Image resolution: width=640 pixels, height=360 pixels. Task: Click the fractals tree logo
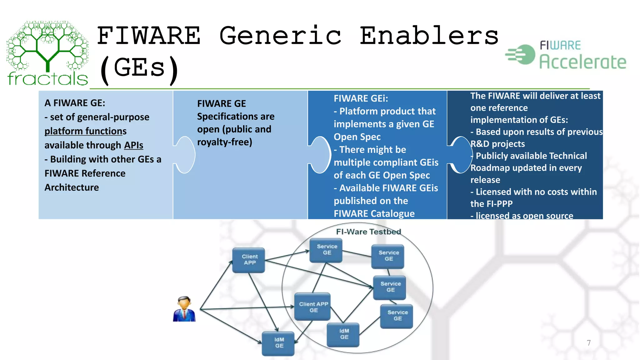47,53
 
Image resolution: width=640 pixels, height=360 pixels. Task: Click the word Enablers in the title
429,36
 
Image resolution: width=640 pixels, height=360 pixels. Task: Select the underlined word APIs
133,145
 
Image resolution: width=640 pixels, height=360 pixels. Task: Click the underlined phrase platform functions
85,131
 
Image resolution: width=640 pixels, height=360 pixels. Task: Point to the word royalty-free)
224,142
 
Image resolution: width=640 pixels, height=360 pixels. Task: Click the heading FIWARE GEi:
361,98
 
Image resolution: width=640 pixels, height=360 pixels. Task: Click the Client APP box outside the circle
249,260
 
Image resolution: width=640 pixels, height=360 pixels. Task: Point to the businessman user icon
184,309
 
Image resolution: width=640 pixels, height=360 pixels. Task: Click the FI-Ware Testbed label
368,232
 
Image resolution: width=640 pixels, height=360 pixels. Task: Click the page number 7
589,343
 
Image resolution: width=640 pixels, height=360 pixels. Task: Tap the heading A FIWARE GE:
75,103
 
